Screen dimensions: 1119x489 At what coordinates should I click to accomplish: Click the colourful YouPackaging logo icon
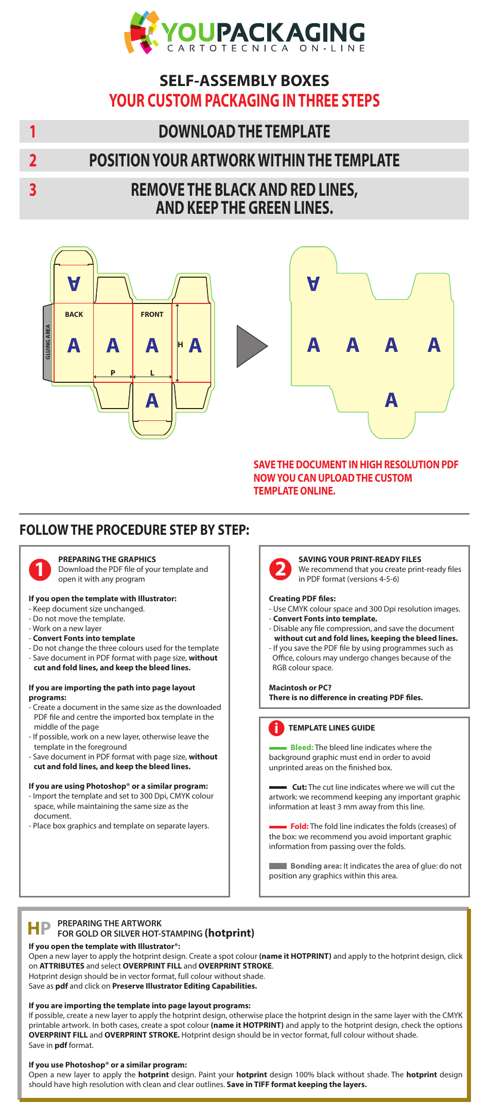tap(142, 32)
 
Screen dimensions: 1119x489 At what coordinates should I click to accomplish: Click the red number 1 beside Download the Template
tap(33, 132)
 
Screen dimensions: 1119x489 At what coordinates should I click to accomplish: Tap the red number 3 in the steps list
tap(33, 190)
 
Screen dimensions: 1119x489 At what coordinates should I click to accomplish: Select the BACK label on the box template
tap(74, 314)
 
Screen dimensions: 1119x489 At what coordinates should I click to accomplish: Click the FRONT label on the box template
tap(152, 314)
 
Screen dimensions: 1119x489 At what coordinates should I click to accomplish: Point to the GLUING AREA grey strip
tap(48, 342)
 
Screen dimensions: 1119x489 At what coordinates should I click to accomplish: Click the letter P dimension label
tap(113, 372)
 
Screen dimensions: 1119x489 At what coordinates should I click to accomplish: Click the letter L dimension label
tap(152, 372)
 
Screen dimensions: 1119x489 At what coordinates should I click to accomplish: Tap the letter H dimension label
tap(180, 344)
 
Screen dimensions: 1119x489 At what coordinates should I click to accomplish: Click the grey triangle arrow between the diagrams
tap(250, 346)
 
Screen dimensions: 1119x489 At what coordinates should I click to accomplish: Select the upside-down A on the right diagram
tap(313, 283)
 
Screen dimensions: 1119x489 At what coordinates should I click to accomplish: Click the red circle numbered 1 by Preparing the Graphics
tap(40, 569)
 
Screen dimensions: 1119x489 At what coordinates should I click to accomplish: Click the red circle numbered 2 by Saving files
tap(281, 569)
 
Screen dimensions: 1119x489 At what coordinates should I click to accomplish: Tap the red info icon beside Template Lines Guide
tap(276, 728)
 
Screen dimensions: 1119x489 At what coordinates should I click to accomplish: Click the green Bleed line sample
tap(278, 748)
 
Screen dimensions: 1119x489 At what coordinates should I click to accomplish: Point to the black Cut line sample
tap(278, 787)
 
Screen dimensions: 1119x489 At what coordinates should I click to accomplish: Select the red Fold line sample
tap(278, 827)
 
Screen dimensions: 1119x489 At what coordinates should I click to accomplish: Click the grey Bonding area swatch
tap(278, 866)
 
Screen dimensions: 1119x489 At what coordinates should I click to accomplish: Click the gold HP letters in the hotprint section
tap(40, 928)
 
